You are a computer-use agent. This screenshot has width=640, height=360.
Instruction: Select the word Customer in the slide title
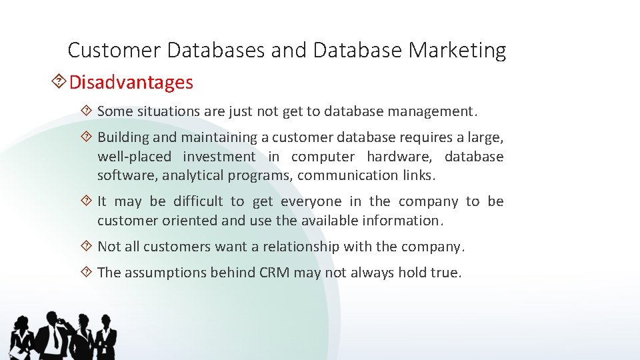click(x=115, y=50)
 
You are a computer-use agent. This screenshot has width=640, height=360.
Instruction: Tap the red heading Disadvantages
click(x=131, y=83)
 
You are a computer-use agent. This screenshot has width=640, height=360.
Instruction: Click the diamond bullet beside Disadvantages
click(x=59, y=82)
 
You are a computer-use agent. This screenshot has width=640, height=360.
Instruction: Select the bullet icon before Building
click(x=87, y=137)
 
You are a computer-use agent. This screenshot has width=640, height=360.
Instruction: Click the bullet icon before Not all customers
click(x=87, y=246)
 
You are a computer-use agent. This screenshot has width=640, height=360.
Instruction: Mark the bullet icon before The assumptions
click(x=87, y=271)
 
